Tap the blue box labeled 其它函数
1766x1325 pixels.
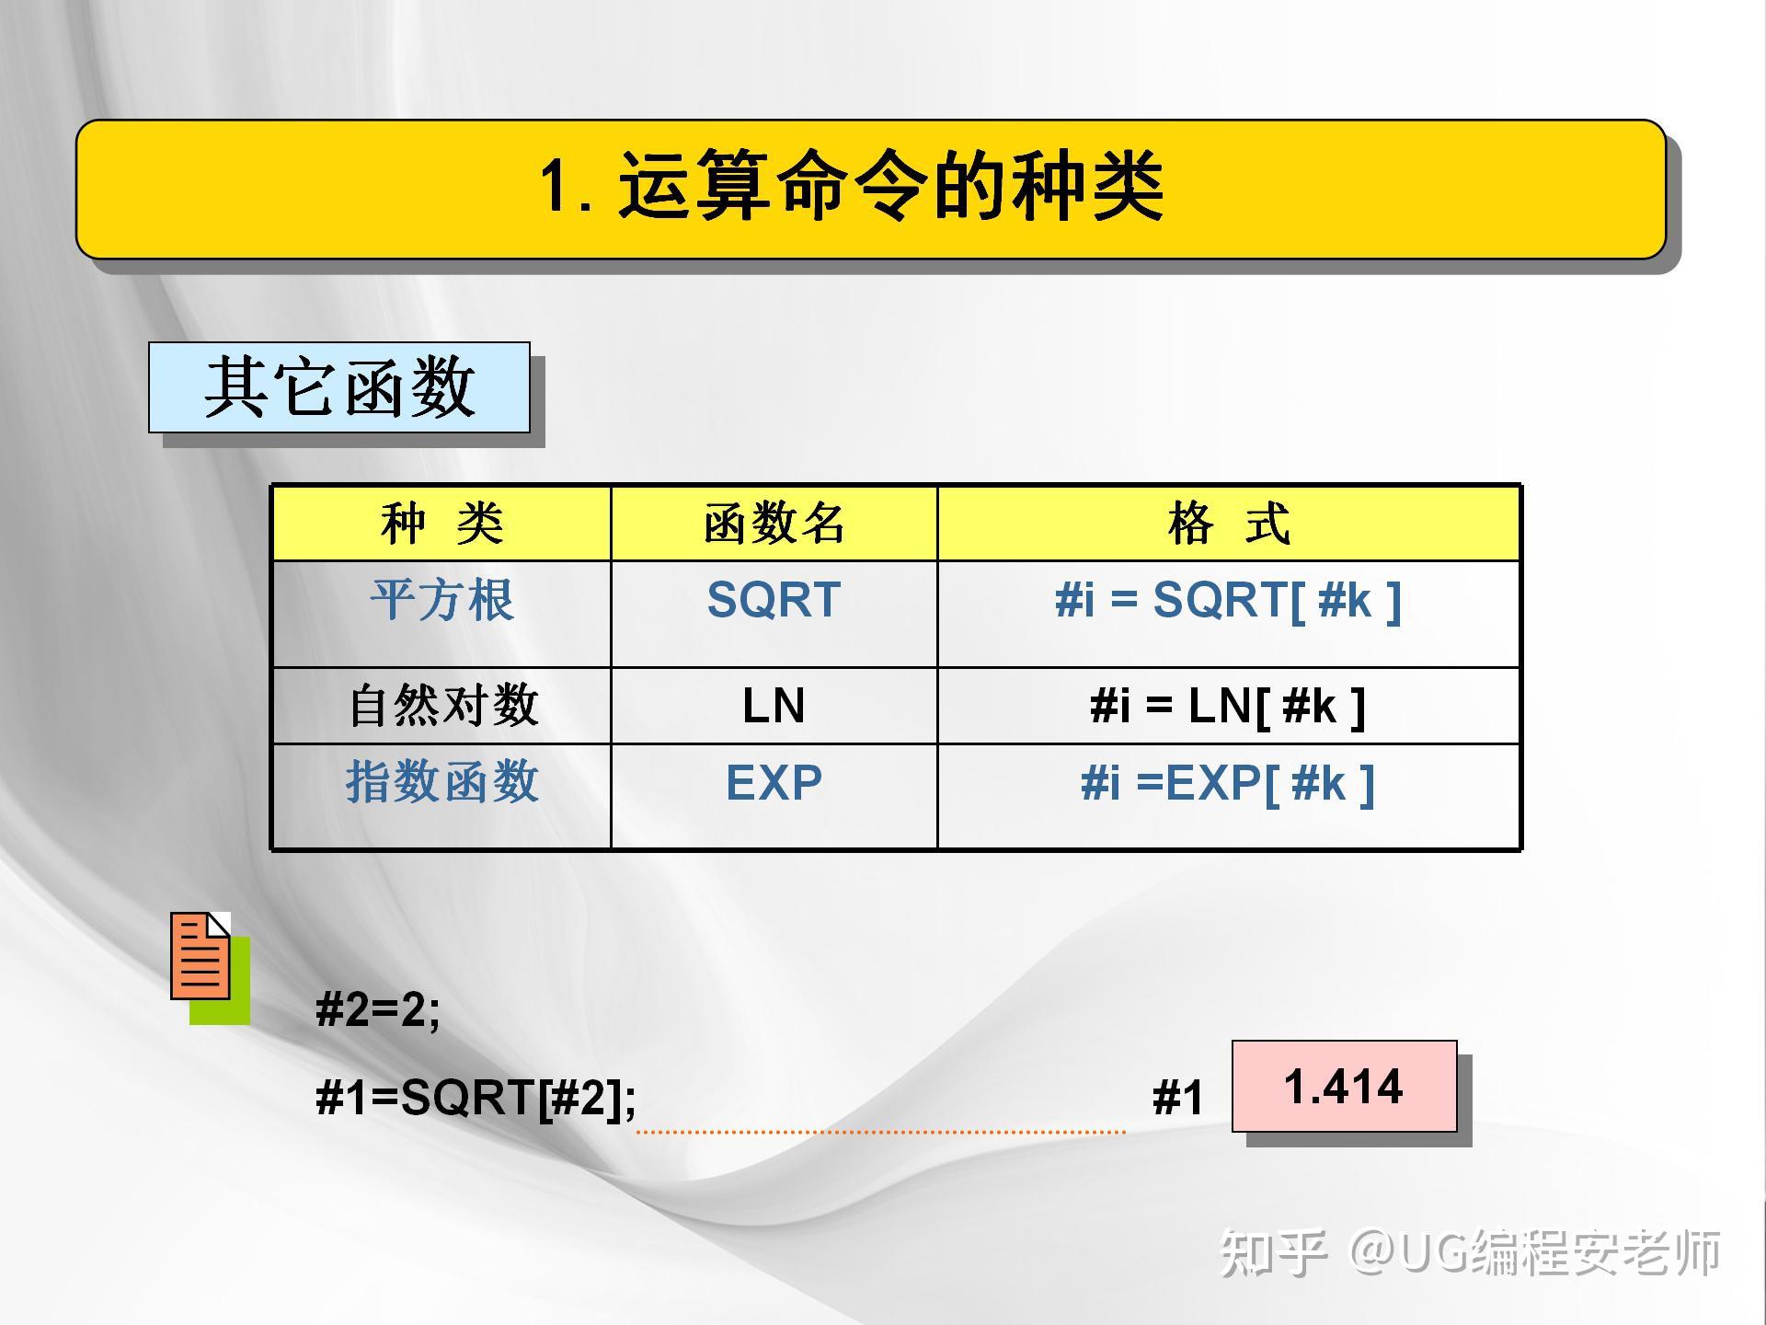pos(339,387)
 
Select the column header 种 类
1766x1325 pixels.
pos(441,524)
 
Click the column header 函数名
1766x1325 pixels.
pos(774,524)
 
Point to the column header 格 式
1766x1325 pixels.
pos(1229,524)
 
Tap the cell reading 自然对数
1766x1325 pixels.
pos(442,706)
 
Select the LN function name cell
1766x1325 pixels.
pos(774,706)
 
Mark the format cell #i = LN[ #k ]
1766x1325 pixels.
pos(1229,707)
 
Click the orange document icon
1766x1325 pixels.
pos(201,957)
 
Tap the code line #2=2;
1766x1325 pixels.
pos(378,1009)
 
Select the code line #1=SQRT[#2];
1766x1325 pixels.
pos(476,1098)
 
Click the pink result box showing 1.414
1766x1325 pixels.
pos(1345,1086)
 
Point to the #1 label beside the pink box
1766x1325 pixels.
pos(1177,1098)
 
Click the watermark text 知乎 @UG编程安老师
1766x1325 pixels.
pos(1470,1252)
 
